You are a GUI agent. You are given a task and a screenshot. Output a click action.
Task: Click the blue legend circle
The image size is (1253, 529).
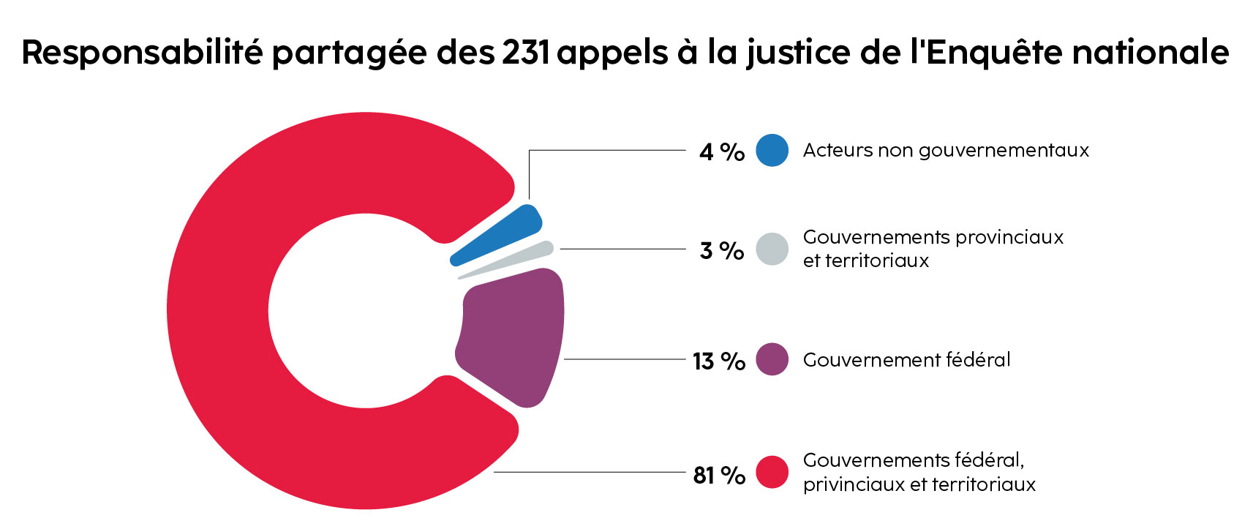pyautogui.click(x=772, y=150)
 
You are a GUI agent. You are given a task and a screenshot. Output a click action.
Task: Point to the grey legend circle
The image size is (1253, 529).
pyautogui.click(x=772, y=249)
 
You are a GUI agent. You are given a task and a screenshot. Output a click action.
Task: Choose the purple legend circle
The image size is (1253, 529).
pyautogui.click(x=772, y=359)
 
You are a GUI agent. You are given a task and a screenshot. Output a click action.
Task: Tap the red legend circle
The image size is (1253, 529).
pyautogui.click(x=772, y=472)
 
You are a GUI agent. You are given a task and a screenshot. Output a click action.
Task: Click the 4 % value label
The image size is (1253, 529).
pyautogui.click(x=721, y=151)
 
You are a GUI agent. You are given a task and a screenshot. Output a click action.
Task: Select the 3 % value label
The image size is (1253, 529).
pyautogui.click(x=721, y=250)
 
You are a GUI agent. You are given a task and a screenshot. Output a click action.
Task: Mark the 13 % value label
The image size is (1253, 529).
pyautogui.click(x=718, y=361)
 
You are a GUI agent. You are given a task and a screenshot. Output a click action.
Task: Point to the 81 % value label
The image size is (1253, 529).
pyautogui.click(x=718, y=475)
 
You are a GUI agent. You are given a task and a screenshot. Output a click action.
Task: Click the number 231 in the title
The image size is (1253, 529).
pyautogui.click(x=526, y=52)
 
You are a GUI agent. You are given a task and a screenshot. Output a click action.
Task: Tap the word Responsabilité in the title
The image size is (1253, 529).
pyautogui.click(x=142, y=52)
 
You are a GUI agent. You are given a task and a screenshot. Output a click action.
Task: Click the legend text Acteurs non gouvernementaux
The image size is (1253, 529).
pyautogui.click(x=946, y=150)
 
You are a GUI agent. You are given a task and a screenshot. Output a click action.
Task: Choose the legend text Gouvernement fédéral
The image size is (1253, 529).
pyautogui.click(x=906, y=359)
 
